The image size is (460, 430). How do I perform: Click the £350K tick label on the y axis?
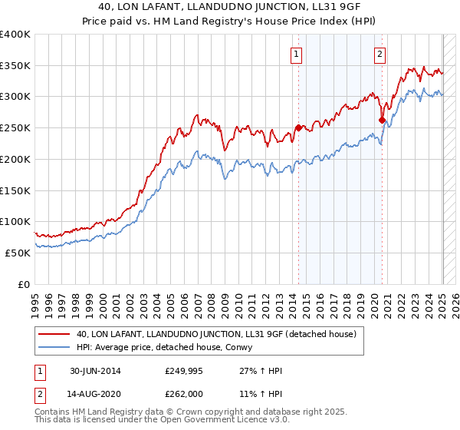click(x=15, y=66)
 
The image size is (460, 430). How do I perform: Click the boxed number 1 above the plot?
click(x=296, y=54)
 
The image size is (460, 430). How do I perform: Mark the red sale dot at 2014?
click(x=297, y=127)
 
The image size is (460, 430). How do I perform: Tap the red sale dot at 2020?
click(x=382, y=120)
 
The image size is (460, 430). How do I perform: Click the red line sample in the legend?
click(x=54, y=335)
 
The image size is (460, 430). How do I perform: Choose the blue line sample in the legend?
click(x=54, y=347)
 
